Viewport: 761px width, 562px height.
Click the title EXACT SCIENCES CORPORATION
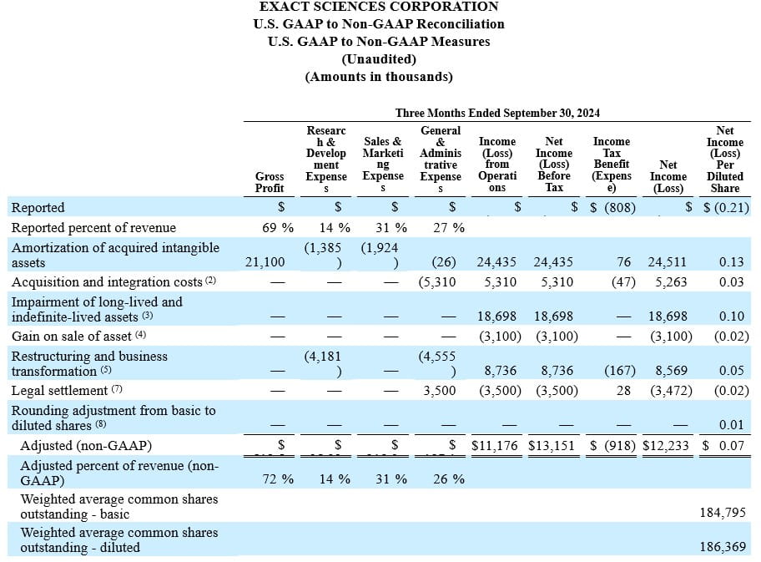pyautogui.click(x=379, y=7)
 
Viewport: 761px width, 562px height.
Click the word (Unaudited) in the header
pyautogui.click(x=379, y=58)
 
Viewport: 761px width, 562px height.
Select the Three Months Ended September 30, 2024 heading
pyautogui.click(x=497, y=113)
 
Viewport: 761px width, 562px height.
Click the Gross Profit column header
pyautogui.click(x=270, y=182)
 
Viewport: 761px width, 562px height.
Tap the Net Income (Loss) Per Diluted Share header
pyautogui.click(x=724, y=159)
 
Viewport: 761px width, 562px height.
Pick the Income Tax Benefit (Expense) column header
pyautogui.click(x=611, y=165)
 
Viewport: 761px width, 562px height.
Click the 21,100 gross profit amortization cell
pyautogui.click(x=265, y=262)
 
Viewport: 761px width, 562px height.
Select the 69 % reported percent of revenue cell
pyautogui.click(x=277, y=227)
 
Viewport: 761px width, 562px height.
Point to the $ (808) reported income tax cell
pyautogui.click(x=612, y=207)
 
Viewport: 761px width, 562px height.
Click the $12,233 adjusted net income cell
pyautogui.click(x=665, y=445)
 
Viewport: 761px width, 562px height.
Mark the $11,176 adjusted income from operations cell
pyautogui.click(x=494, y=445)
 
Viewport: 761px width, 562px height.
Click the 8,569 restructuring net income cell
pyautogui.click(x=667, y=372)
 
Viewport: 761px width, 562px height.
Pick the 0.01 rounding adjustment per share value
pyautogui.click(x=731, y=427)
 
